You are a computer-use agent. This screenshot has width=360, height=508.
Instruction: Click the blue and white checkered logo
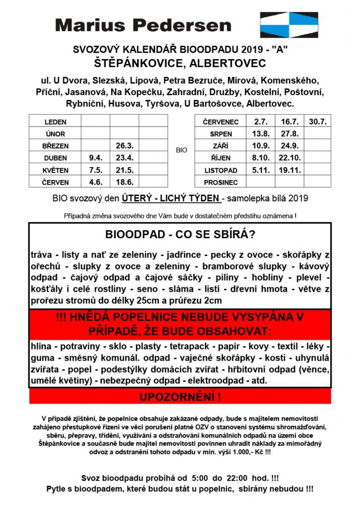(x=289, y=25)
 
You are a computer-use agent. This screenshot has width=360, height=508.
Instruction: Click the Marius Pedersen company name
(x=143, y=25)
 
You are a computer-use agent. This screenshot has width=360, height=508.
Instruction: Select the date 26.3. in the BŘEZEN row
(x=124, y=146)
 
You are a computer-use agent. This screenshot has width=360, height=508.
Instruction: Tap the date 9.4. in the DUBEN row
(x=95, y=158)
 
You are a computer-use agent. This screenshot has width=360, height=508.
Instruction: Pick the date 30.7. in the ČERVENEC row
(x=317, y=122)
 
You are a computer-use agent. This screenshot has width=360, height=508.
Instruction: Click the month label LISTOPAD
(x=221, y=170)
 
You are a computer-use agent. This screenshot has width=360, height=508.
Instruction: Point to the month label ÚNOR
(x=55, y=134)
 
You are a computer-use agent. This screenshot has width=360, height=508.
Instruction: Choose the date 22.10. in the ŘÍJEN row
(x=290, y=158)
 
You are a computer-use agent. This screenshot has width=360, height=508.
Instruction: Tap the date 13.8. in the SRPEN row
(x=261, y=134)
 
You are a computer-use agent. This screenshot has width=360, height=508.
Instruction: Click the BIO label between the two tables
(x=181, y=150)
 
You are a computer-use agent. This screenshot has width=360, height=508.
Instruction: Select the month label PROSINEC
(x=221, y=182)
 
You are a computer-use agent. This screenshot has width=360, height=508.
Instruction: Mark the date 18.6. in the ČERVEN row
(x=124, y=182)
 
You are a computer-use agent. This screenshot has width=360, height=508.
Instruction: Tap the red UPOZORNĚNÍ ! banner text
(x=180, y=397)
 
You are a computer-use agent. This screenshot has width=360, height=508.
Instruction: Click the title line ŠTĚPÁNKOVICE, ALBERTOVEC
(x=180, y=63)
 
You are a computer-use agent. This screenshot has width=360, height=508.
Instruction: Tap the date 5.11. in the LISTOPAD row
(x=261, y=170)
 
